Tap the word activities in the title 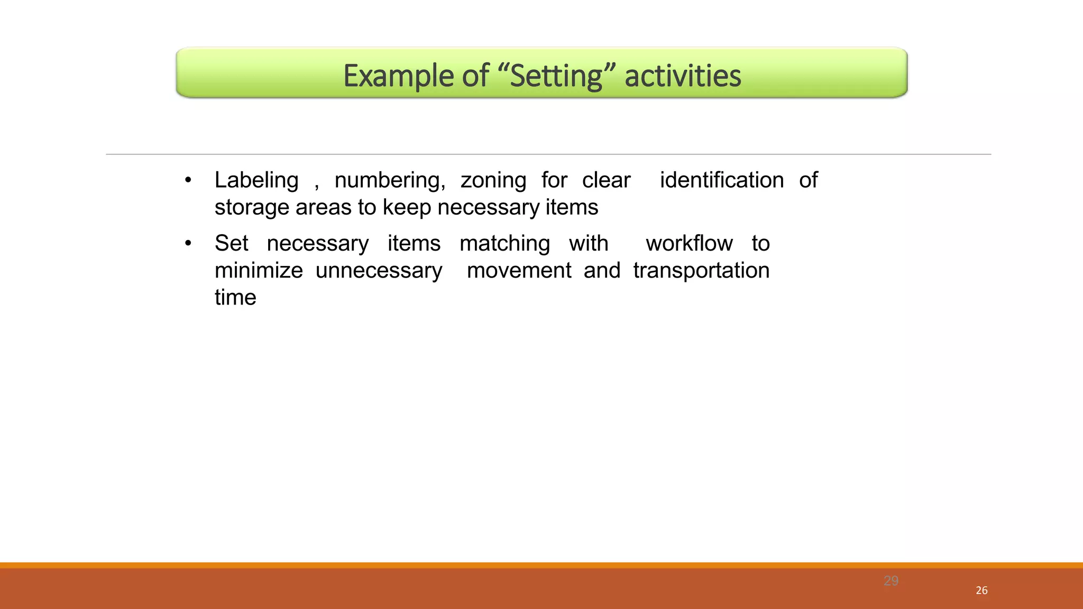[683, 76]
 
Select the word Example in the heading [398, 76]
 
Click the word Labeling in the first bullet [256, 180]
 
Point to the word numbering [390, 180]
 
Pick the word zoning [493, 180]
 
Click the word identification [722, 180]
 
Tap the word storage [252, 207]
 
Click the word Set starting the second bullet [231, 244]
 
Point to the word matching [504, 244]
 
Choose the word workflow [689, 244]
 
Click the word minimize [259, 271]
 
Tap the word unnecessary [379, 271]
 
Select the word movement [519, 271]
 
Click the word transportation [701, 271]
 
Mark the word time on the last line [235, 298]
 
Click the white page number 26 [981, 590]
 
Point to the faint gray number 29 [891, 581]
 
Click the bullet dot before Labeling [188, 181]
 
